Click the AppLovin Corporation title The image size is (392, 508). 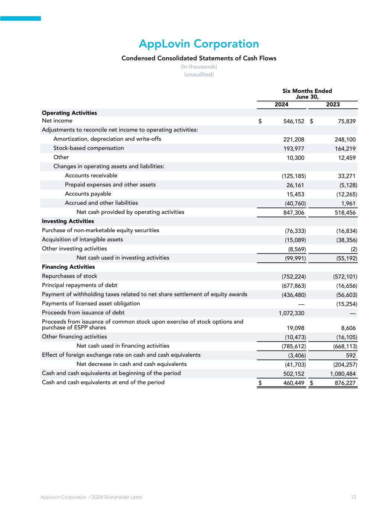(199, 44)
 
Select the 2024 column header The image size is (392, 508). (281, 105)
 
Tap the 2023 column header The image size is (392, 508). (333, 105)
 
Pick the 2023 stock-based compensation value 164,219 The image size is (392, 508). (345, 149)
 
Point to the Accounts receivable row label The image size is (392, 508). (91, 176)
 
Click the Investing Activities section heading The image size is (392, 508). (68, 221)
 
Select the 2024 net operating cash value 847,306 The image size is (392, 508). (294, 213)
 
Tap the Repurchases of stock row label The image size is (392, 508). (69, 276)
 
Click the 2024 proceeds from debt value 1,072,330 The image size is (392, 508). (291, 313)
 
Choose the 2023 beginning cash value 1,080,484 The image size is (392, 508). (343, 374)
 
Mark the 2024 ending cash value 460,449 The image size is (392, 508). (294, 383)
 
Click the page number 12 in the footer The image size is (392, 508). (353, 497)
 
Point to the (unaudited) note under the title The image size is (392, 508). (199, 74)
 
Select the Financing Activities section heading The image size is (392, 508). (68, 267)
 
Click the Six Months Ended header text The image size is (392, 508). (307, 91)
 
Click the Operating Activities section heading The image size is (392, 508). (69, 113)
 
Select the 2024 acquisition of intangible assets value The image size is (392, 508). (295, 240)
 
